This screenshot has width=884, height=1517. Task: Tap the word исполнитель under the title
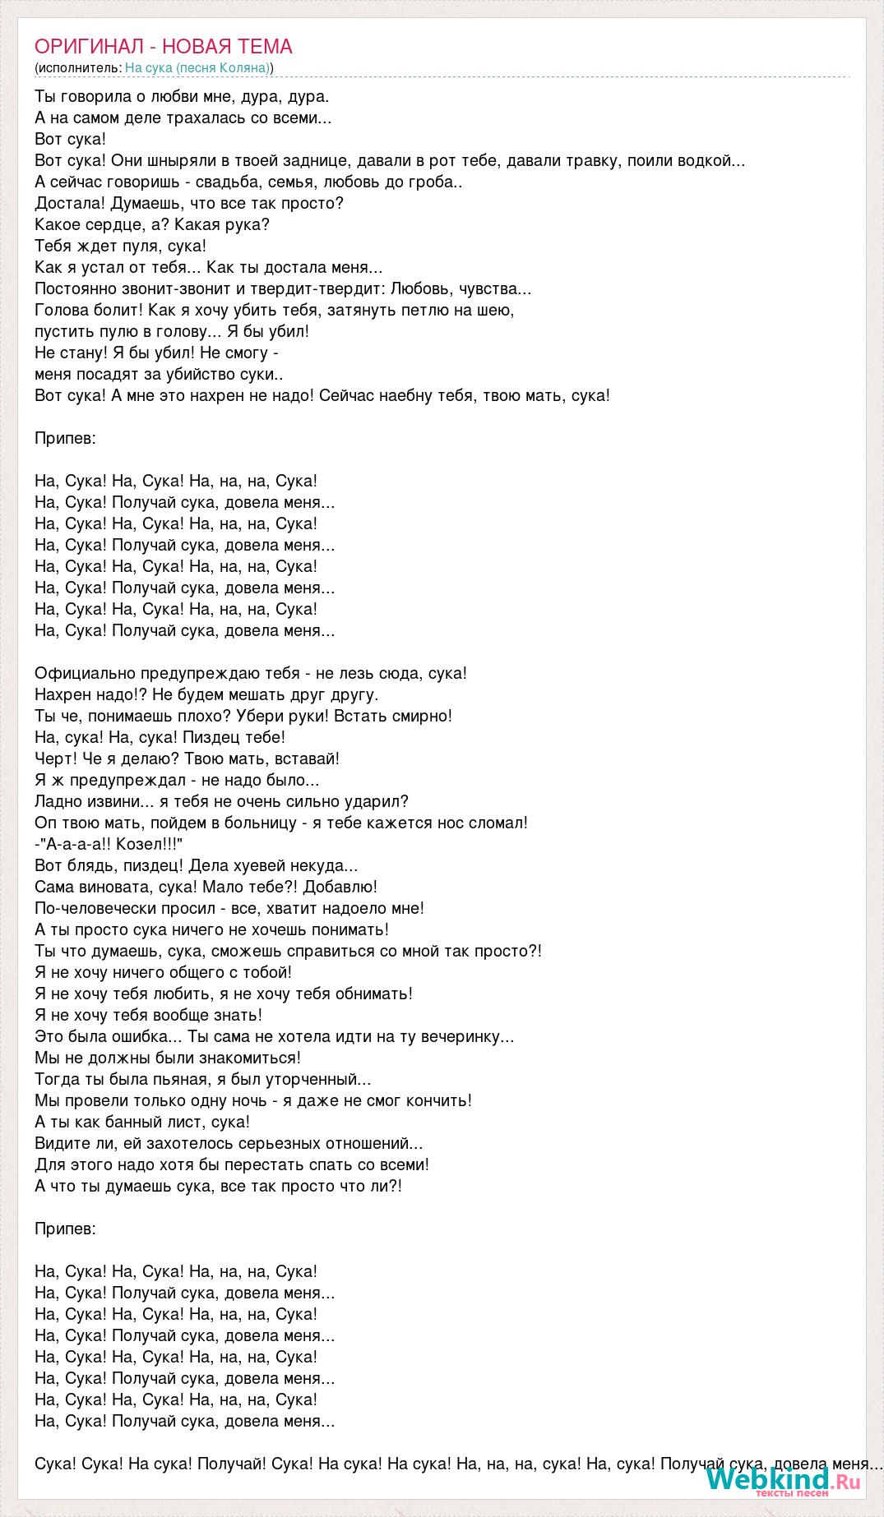coord(79,67)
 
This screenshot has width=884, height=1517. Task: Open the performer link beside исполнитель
coord(197,67)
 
